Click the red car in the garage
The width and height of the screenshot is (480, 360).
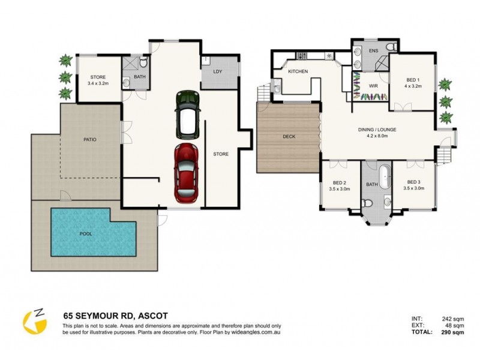coord(186,173)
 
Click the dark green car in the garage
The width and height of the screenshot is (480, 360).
coord(187,115)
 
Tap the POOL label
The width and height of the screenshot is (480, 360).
coord(86,234)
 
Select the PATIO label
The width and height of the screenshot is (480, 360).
coord(90,140)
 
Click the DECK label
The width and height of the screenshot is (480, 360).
coord(289,137)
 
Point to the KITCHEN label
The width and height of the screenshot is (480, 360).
coord(298,71)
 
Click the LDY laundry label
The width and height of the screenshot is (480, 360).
coord(218,71)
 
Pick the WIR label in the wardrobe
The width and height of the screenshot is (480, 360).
coord(373,86)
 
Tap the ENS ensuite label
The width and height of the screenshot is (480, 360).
coord(373,51)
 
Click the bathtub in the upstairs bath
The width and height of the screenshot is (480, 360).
coord(385,176)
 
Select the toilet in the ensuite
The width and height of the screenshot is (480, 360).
coord(391,47)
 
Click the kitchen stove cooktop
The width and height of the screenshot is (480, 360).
coord(302,56)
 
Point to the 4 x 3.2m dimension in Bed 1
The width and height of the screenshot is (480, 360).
coord(413,86)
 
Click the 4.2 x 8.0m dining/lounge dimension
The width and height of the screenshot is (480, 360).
coord(377,136)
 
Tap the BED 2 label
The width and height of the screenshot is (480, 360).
coord(340,183)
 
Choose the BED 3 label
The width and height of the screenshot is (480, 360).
coord(413,182)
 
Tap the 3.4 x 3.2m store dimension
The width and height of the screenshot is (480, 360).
coord(98,83)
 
